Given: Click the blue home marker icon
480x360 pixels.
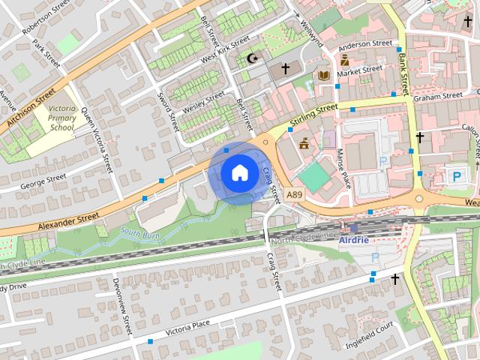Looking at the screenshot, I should pos(238,173).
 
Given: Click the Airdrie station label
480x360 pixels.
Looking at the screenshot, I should pos(354,240).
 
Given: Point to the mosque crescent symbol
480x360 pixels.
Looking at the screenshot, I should pos(250,58).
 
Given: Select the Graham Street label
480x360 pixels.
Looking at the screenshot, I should pos(442,96).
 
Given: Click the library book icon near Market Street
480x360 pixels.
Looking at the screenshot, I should pos(323,76).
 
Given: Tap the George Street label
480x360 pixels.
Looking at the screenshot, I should pos(43,181).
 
